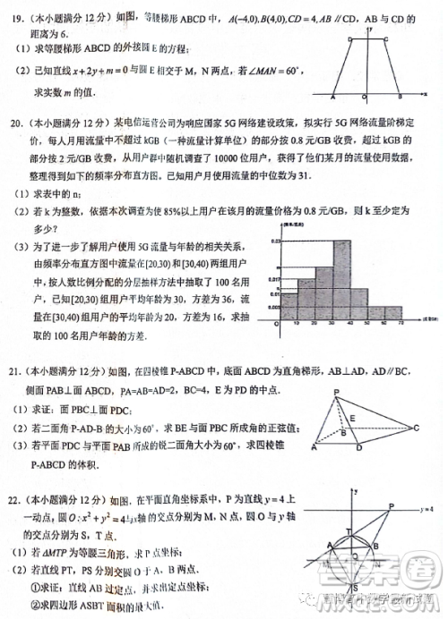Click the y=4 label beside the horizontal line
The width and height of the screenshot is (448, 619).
coord(428,507)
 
